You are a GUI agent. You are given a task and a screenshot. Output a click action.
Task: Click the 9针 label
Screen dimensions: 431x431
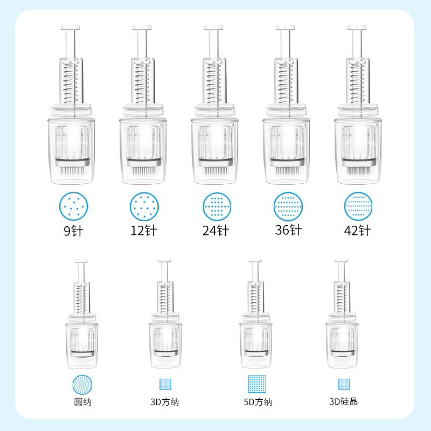pos(73,231)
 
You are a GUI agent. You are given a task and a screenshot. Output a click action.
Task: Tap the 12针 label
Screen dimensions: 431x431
pos(144,231)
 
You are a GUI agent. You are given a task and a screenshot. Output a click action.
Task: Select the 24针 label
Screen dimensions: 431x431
pos(216,231)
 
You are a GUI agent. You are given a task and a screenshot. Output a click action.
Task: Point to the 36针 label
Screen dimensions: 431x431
pos(288,230)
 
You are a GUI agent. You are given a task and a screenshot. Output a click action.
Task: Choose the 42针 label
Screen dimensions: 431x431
pos(357,231)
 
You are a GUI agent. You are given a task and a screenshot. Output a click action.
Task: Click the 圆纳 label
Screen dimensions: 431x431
pos(82,402)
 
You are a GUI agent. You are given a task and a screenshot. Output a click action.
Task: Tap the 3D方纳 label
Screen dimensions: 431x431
pos(165,402)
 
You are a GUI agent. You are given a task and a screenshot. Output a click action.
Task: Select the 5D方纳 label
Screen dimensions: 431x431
pos(258,402)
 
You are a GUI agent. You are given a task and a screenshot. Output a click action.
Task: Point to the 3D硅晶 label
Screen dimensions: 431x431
pos(344,401)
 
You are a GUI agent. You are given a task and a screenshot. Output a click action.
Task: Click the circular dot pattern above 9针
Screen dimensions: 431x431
pos(74,206)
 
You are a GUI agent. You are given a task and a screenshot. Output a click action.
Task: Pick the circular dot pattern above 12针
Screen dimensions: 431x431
pos(144,206)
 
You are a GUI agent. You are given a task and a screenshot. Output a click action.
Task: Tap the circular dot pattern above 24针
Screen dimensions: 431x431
pos(217,206)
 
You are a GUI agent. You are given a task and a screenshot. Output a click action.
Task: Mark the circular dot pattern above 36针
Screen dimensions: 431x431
pos(288,206)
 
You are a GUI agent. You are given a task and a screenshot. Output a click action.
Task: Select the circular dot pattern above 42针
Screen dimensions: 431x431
pos(358,206)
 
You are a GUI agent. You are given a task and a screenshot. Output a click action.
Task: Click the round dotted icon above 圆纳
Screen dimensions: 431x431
pos(82,384)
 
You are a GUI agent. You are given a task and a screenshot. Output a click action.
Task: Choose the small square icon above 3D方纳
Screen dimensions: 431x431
pos(165,384)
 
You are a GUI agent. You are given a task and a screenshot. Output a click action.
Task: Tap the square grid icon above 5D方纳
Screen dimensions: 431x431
pos(257,384)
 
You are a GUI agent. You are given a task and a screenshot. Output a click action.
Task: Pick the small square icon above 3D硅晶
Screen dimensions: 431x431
pos(344,384)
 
